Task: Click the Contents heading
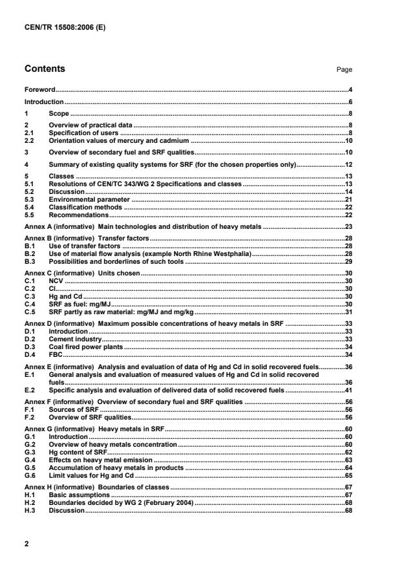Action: (x=45, y=69)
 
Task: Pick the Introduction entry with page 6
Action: (x=44, y=102)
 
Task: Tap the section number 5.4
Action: (x=30, y=208)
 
